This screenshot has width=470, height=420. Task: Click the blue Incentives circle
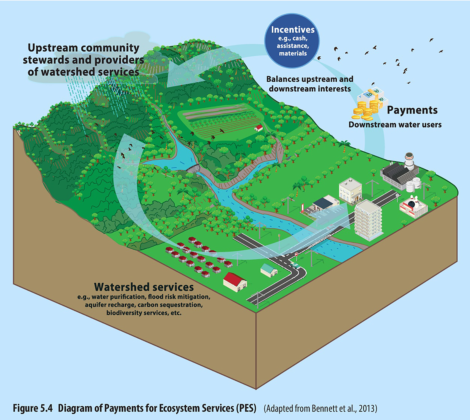292,41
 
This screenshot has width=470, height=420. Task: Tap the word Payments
412,110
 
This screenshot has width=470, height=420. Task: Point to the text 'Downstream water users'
395,125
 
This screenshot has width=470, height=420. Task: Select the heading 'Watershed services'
144,287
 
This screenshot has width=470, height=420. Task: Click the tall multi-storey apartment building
368,219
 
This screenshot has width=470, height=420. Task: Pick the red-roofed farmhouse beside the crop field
258,128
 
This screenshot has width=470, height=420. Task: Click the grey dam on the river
193,169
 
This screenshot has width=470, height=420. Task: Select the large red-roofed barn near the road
235,281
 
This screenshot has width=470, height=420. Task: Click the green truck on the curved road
295,266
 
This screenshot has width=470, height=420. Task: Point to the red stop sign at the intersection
296,254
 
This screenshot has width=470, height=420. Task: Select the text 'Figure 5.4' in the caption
33,408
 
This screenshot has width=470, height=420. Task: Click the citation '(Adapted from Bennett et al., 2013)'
320,409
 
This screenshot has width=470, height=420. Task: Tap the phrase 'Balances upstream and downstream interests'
310,84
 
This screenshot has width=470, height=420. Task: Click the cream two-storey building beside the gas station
350,190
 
